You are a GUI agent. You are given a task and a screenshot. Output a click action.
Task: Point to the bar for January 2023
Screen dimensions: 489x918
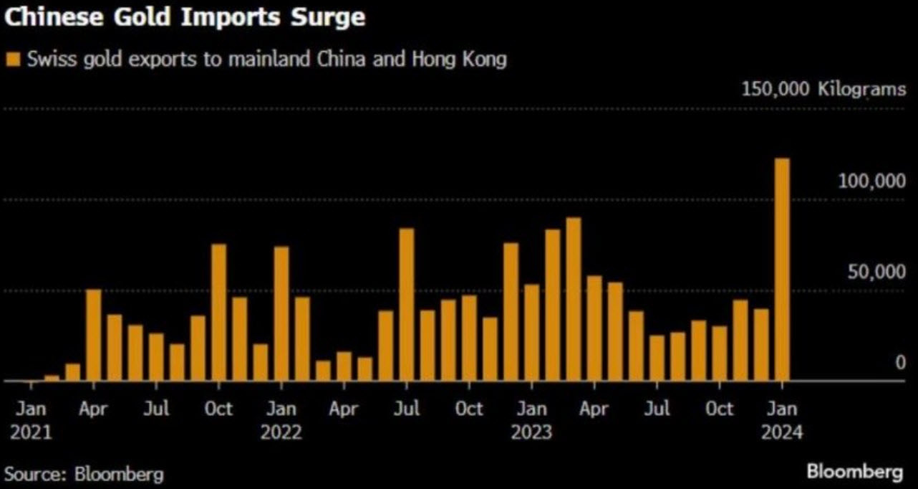531,333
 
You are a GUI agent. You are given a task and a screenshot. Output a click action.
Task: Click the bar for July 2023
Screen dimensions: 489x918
657,358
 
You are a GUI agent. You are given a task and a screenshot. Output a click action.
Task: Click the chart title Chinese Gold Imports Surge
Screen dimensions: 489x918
185,17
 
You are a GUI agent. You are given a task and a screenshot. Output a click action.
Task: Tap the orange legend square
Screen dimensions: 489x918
11,59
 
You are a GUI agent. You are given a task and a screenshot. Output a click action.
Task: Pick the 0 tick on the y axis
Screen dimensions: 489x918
900,363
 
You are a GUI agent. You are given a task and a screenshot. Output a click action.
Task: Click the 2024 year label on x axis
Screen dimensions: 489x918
782,433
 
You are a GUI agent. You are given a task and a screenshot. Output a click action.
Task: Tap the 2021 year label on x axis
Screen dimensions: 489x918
31,433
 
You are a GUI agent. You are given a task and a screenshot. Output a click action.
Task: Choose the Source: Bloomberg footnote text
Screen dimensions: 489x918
84,473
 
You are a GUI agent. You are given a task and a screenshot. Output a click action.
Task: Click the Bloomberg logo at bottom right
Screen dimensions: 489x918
854,472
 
